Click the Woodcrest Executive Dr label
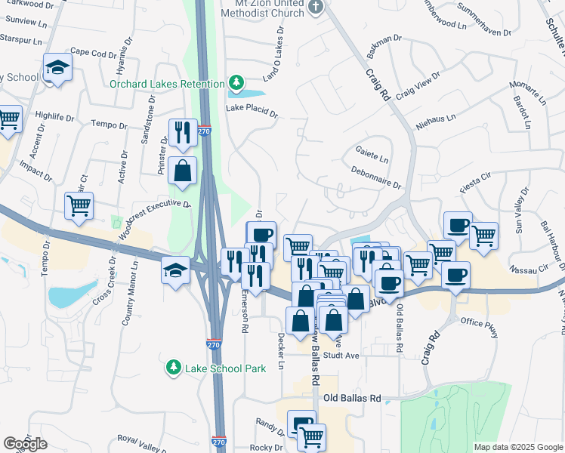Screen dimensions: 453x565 click(155, 218)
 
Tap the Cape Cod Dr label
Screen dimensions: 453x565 click(94, 54)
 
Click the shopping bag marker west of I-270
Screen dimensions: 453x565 click(182, 171)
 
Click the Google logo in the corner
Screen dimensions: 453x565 click(25, 443)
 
